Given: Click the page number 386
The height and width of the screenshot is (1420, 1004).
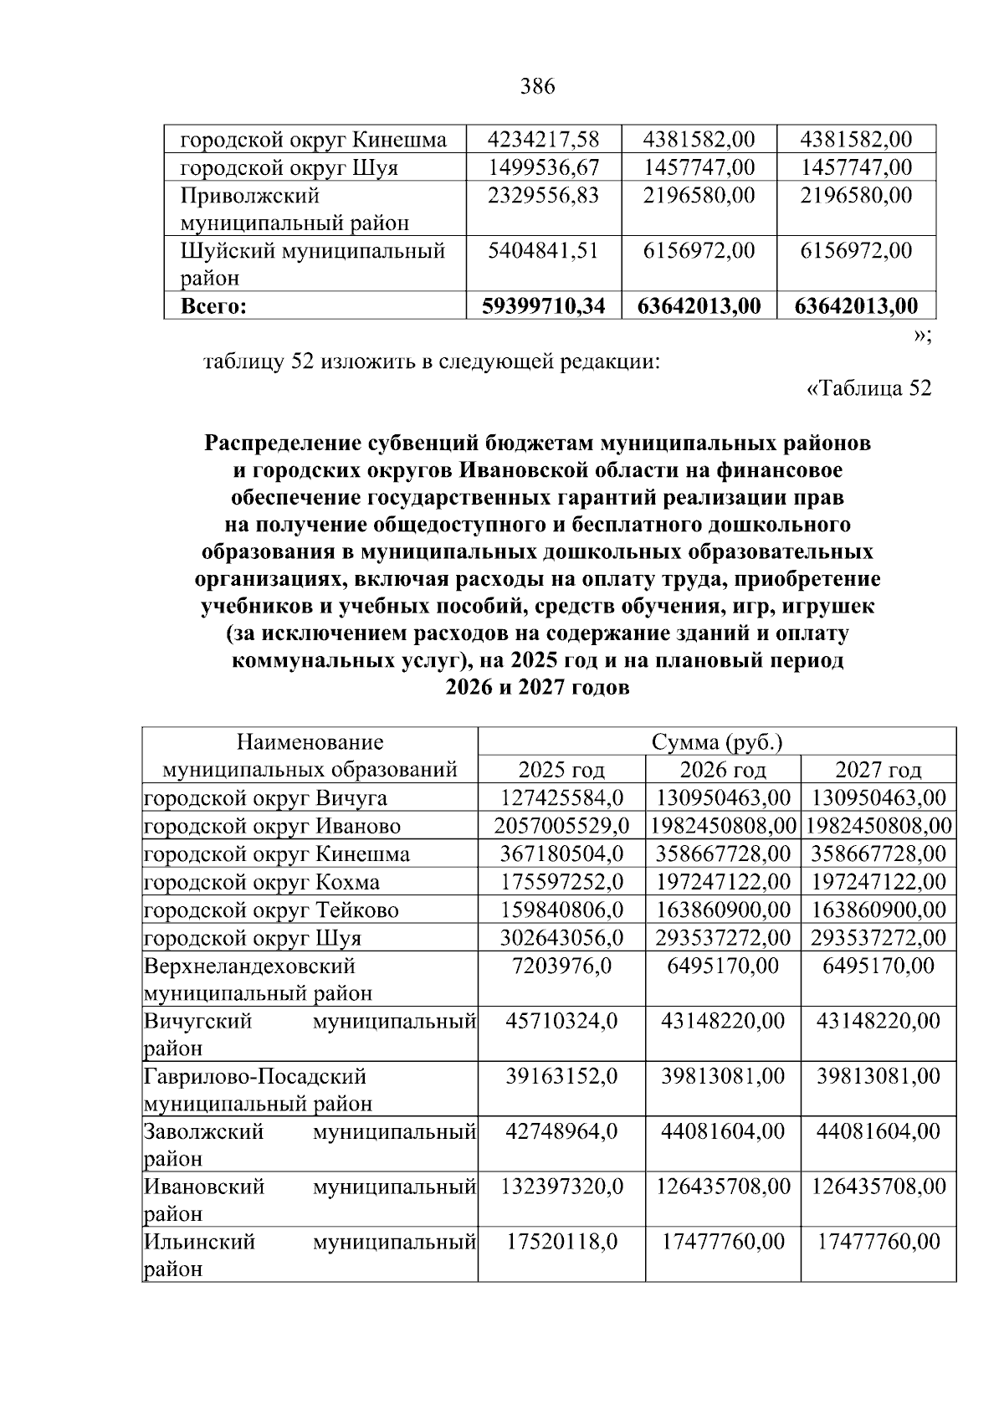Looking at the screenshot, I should tap(537, 86).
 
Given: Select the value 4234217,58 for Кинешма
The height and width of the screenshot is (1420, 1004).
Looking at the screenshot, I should tap(543, 139).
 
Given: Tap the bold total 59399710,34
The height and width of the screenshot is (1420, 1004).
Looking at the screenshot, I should tap(543, 306).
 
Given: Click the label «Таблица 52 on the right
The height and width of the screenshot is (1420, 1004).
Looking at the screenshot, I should tap(868, 389).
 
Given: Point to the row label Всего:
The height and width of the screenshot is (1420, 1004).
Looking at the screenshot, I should tap(213, 306).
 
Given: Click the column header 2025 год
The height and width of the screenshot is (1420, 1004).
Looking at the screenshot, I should tap(561, 770).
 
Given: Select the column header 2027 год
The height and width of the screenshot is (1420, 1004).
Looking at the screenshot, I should tap(878, 770).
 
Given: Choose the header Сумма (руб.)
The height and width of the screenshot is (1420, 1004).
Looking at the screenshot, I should tap(716, 742).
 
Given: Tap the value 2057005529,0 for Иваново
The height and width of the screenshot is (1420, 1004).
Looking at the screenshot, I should tap(561, 826).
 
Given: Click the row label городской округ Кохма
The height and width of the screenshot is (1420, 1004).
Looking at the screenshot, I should tap(262, 882).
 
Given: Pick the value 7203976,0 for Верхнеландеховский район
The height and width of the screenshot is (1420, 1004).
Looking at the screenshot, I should tap(561, 966).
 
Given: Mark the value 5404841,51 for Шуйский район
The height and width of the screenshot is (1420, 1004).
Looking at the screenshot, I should tap(543, 250).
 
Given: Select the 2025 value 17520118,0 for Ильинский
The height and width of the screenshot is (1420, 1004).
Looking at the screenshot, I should tap(561, 1242).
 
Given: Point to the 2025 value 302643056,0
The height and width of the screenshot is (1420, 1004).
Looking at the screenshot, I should tap(561, 937).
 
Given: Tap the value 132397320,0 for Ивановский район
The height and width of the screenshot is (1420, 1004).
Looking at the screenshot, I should tap(561, 1187).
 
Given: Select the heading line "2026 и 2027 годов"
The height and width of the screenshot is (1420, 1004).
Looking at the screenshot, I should tap(536, 688).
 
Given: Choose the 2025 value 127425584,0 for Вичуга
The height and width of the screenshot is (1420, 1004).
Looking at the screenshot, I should tap(561, 797).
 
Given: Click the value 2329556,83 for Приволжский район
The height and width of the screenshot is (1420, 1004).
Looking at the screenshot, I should tap(543, 196).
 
